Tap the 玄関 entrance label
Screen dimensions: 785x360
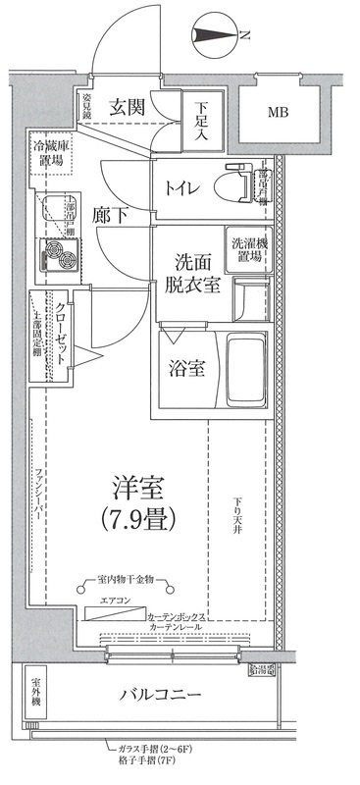(129, 106)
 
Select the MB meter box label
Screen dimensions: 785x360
(285, 112)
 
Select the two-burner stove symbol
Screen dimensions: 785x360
(57, 257)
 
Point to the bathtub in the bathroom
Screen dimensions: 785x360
(245, 370)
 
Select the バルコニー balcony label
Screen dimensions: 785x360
(163, 696)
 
